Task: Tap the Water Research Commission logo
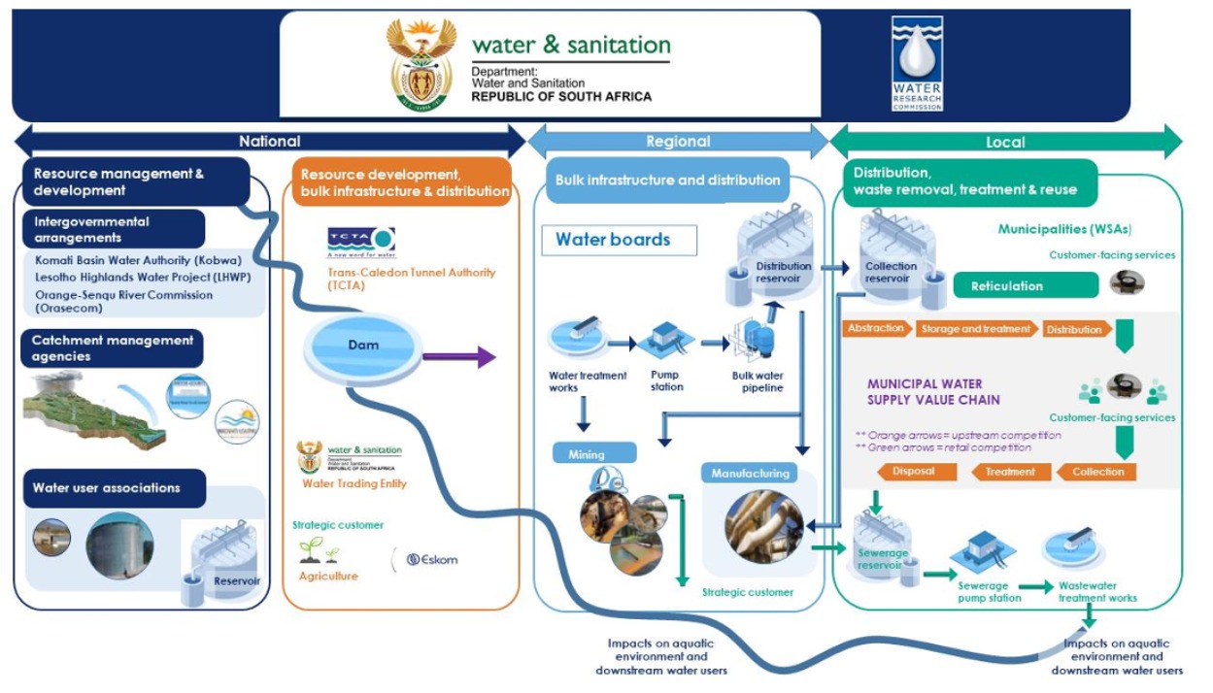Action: [917, 63]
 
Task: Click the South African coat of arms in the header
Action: [421, 65]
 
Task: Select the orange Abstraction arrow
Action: [876, 328]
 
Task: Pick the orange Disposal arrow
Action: [914, 472]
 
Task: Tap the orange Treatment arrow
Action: [1010, 472]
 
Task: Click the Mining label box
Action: [593, 453]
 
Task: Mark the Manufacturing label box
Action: [750, 474]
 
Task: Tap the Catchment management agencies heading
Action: [113, 348]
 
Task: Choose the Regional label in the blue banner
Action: [678, 142]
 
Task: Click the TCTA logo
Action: [360, 241]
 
